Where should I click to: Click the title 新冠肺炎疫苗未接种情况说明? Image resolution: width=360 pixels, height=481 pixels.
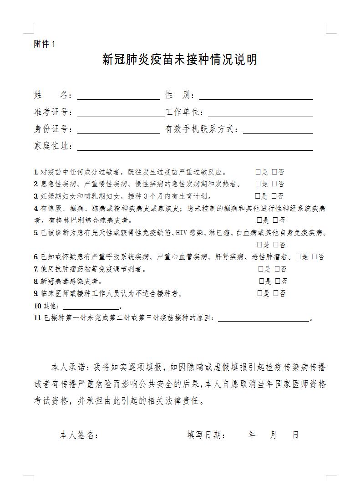point(180,60)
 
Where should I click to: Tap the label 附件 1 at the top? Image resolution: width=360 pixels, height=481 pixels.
point(45,44)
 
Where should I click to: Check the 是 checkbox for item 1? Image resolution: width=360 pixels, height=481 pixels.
point(258,172)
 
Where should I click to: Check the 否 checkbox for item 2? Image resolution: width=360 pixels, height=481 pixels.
point(275,184)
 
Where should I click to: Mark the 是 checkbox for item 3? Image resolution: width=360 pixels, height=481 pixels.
point(258,196)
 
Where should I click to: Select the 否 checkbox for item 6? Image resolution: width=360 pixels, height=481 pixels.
point(314,257)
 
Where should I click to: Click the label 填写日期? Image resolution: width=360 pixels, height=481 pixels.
point(206,435)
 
